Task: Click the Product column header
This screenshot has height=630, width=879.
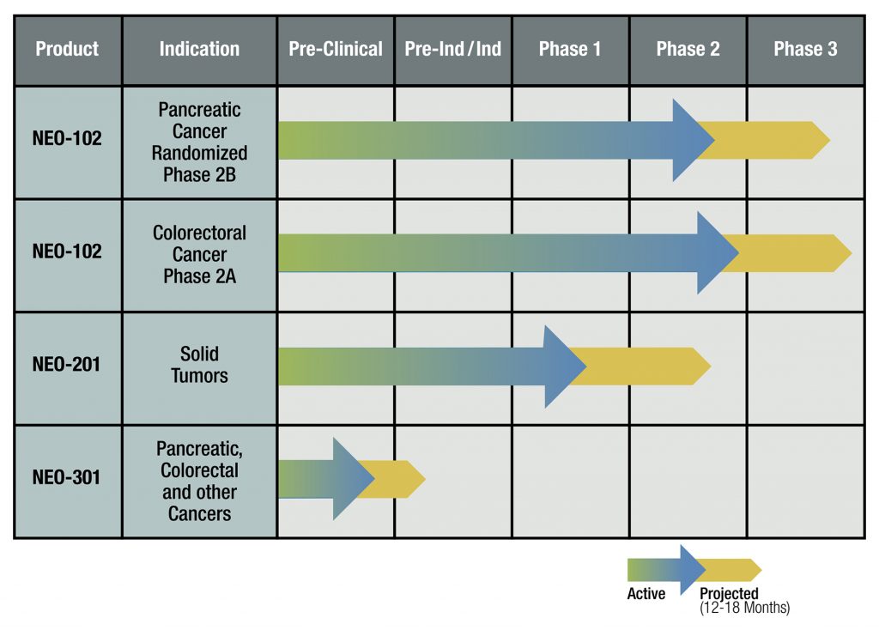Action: coord(67,49)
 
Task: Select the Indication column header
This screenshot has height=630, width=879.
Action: coord(199,49)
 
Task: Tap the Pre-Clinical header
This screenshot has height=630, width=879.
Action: coord(336,49)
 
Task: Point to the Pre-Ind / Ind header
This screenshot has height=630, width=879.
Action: coord(453,49)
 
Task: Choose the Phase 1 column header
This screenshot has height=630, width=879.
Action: coord(570,49)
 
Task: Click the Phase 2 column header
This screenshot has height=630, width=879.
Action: coord(688,49)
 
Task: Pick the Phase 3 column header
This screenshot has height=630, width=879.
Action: coord(805,49)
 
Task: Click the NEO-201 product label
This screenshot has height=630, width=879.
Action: coord(67,364)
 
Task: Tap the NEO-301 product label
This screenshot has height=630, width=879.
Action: coord(67,477)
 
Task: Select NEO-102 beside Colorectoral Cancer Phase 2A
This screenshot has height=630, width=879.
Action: coord(67,251)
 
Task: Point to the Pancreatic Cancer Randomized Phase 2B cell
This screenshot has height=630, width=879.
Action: coord(199,142)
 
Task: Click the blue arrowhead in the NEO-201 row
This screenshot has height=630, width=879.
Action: coord(563,366)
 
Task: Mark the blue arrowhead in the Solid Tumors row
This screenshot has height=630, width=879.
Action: coord(563,366)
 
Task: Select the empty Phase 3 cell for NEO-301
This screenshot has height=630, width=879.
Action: coord(805,482)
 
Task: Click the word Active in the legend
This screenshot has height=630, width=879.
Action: coord(646,594)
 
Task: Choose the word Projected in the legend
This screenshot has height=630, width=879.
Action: coord(729,593)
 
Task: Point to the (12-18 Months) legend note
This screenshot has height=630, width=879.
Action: coord(744,608)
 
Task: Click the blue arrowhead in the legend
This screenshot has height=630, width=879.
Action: coord(692,570)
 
